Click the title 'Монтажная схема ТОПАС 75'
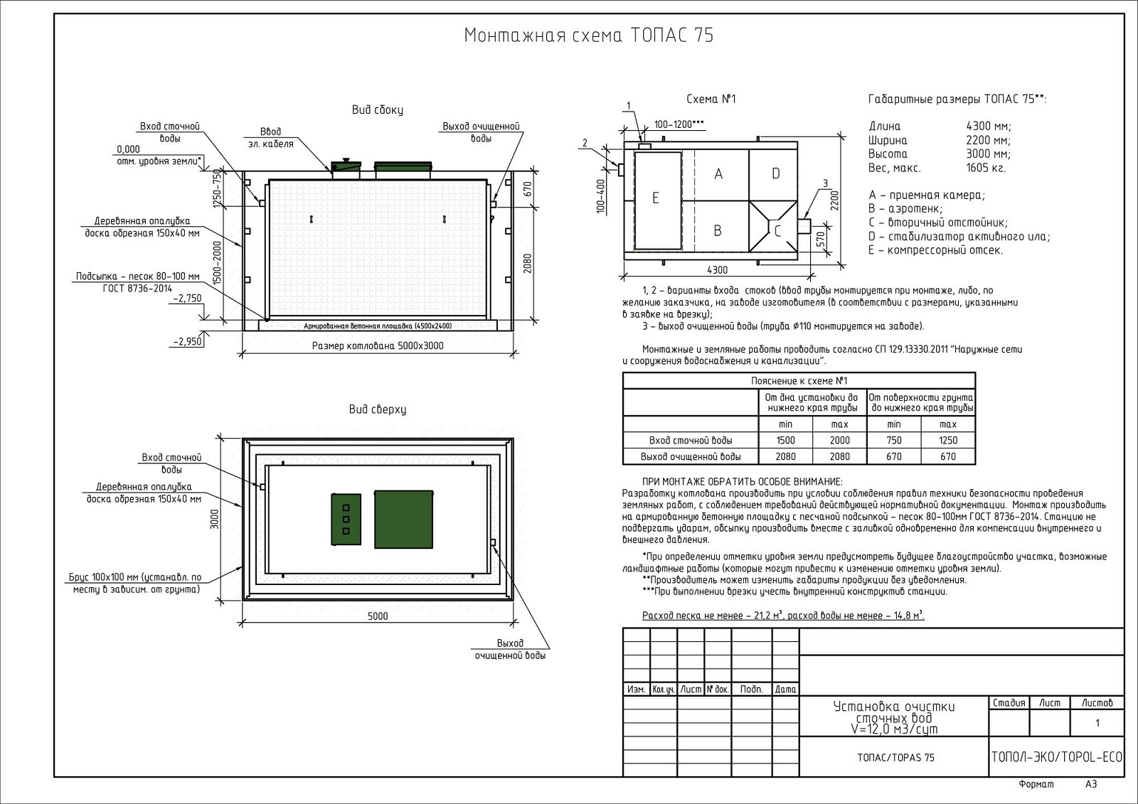(x=588, y=36)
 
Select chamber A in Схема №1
(x=718, y=174)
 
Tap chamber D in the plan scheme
(x=775, y=173)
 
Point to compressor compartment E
(x=656, y=198)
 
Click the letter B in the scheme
(x=718, y=230)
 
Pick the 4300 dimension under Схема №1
(x=717, y=270)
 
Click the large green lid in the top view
(x=404, y=519)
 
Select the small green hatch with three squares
(x=346, y=519)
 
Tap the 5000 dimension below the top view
(x=378, y=616)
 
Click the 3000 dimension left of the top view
(x=215, y=519)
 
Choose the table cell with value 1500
(x=786, y=441)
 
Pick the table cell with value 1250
(x=948, y=441)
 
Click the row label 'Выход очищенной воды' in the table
(x=691, y=457)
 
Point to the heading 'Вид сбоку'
(x=377, y=110)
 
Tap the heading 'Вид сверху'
(x=377, y=409)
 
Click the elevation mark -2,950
(x=187, y=342)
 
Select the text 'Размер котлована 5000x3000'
(x=378, y=346)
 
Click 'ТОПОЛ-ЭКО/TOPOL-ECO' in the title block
(x=1056, y=757)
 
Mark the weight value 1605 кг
(x=986, y=168)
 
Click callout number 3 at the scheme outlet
(x=825, y=183)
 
